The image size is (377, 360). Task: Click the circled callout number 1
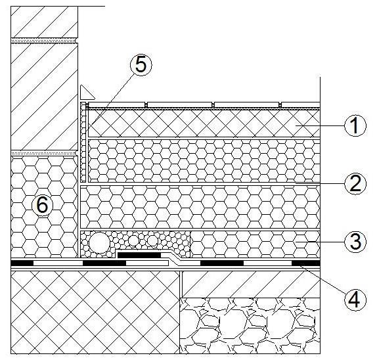[x=355, y=125]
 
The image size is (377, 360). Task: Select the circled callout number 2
[x=355, y=183]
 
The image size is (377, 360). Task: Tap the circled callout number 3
[x=355, y=241]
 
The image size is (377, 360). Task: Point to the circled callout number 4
[x=355, y=299]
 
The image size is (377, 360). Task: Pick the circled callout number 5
[x=141, y=65]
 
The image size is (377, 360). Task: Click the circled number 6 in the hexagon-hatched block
[x=43, y=206]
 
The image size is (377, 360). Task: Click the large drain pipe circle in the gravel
[x=99, y=242]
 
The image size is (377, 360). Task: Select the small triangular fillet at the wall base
[x=87, y=92]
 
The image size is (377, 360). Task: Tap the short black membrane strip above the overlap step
[x=139, y=255]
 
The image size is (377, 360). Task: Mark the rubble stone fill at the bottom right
[x=250, y=326]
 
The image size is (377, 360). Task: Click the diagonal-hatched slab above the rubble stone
[x=251, y=284]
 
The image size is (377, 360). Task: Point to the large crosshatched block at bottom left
[x=95, y=312]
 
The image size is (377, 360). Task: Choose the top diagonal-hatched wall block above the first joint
[x=44, y=22]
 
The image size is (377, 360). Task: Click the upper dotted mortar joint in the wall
[x=44, y=41]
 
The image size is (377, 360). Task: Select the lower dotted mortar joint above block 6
[x=44, y=153]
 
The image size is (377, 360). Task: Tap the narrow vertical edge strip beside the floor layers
[x=83, y=142]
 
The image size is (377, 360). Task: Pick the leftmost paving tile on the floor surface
[x=117, y=104]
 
